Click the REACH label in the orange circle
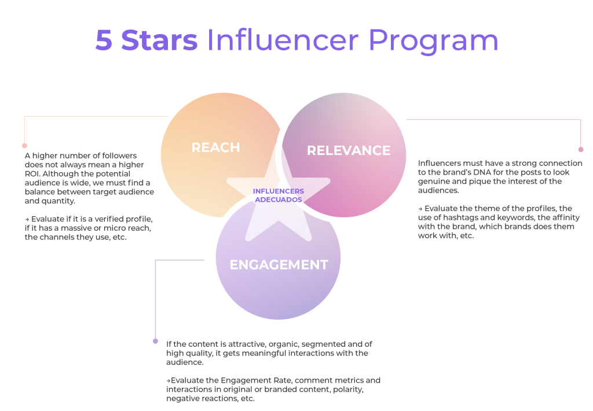[x=215, y=147]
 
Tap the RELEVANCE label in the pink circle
[x=348, y=151]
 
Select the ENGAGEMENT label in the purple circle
[x=279, y=265]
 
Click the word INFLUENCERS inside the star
[x=279, y=191]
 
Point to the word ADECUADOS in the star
[x=279, y=199]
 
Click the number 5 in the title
[x=104, y=40]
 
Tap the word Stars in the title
[x=159, y=40]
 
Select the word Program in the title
[x=433, y=41]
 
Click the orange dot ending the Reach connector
[x=24, y=146]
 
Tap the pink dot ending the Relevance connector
[x=581, y=150]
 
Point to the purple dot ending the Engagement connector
[x=155, y=341]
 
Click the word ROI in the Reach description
[x=32, y=173]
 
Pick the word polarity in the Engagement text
[x=348, y=390]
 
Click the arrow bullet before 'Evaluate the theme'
[x=420, y=209]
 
